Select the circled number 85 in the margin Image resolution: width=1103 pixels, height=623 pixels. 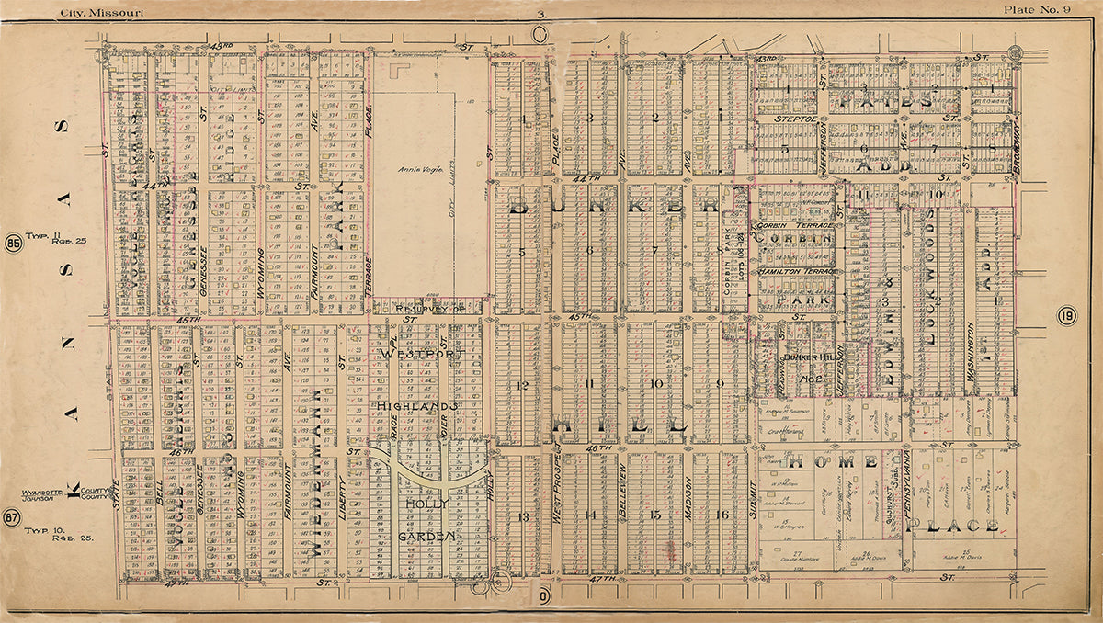click(x=13, y=244)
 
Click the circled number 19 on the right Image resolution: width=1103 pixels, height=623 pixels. click(x=1066, y=317)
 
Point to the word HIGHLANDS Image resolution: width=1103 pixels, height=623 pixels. click(x=416, y=405)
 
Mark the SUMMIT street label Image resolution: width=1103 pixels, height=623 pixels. click(x=752, y=494)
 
